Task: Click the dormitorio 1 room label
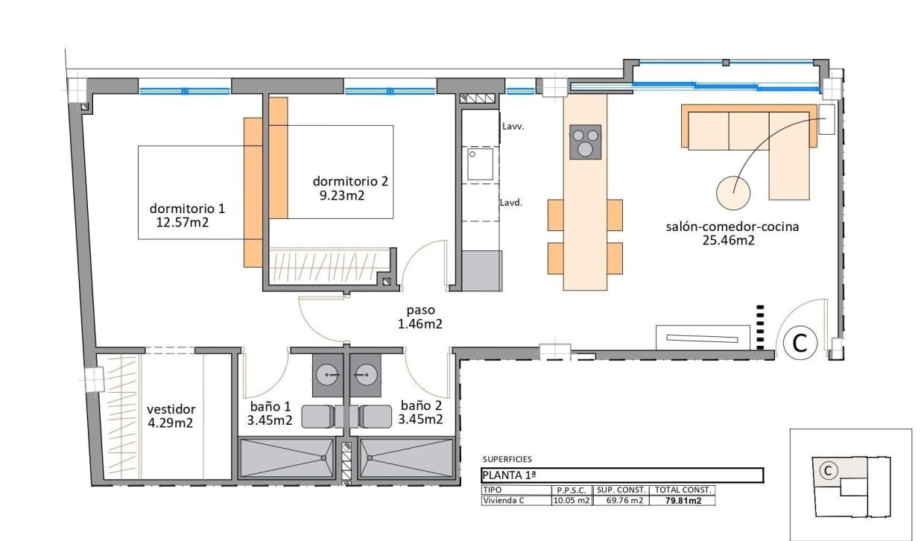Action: coord(187,208)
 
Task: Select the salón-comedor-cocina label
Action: coord(732,227)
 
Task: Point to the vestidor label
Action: coord(171,409)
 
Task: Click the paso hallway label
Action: coord(420,310)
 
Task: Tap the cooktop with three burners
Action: coord(585,142)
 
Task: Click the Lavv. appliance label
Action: coord(513,127)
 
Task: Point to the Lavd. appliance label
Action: coord(511,202)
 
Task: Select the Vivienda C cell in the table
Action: coord(504,501)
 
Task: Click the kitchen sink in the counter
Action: coord(481,164)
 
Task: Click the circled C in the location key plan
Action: coord(826,470)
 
